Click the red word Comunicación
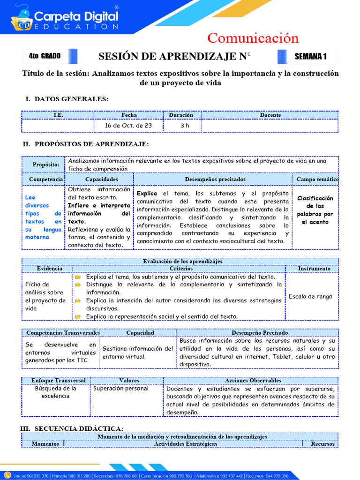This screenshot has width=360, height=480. click(x=253, y=38)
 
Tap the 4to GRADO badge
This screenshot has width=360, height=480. click(x=45, y=56)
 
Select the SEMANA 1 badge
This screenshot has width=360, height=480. click(x=310, y=57)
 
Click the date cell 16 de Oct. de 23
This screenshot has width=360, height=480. click(x=128, y=126)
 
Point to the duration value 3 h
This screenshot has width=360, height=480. click(x=185, y=126)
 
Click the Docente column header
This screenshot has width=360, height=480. click(x=270, y=115)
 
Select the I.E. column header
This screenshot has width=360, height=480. click(x=58, y=115)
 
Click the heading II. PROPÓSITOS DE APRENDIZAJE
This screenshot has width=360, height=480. click(x=87, y=144)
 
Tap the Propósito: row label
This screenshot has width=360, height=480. click(x=45, y=165)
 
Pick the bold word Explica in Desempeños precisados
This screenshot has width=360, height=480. click(x=147, y=193)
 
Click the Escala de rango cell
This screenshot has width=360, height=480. click(x=310, y=296)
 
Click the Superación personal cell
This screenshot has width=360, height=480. click(x=121, y=389)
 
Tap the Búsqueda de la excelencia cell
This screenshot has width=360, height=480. click(x=55, y=392)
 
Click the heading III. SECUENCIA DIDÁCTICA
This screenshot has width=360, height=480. click(x=72, y=428)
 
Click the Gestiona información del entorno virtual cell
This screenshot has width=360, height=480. click(x=137, y=352)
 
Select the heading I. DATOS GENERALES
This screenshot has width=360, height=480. click(x=67, y=99)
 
